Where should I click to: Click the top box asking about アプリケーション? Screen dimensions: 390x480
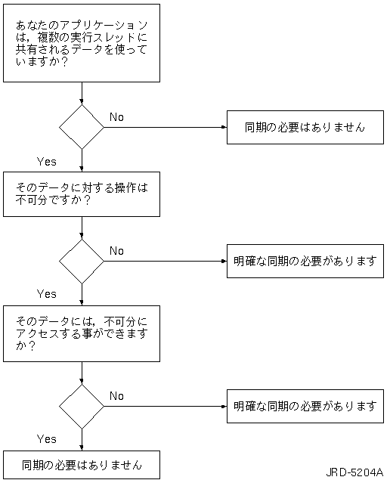click(x=82, y=43)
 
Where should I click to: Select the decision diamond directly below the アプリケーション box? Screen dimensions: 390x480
click(x=82, y=127)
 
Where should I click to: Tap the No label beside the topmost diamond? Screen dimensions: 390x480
click(x=116, y=117)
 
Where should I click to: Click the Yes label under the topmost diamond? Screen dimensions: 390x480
click(x=47, y=161)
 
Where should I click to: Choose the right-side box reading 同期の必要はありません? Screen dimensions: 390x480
click(x=305, y=127)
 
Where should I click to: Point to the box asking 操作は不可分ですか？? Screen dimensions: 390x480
click(x=82, y=194)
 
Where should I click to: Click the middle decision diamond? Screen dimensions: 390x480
click(x=82, y=262)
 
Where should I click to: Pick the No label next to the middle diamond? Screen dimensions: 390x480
click(x=116, y=251)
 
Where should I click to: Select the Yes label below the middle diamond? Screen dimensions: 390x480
click(x=47, y=294)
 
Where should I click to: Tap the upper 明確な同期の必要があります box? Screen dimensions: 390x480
click(x=305, y=261)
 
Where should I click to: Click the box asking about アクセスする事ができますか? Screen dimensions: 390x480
click(x=82, y=333)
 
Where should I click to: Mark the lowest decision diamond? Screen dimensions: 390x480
click(x=82, y=407)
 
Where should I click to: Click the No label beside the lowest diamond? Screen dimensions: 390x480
click(x=116, y=396)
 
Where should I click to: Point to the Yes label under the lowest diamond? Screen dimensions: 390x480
click(x=47, y=439)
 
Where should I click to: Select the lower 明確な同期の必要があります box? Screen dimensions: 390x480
click(x=305, y=406)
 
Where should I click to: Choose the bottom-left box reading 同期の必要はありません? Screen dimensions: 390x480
click(x=82, y=465)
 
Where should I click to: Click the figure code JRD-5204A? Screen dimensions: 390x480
click(x=354, y=472)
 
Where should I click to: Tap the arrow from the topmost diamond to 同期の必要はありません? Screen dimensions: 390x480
click(x=166, y=127)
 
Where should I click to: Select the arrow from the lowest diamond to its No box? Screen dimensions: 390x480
click(x=166, y=407)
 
